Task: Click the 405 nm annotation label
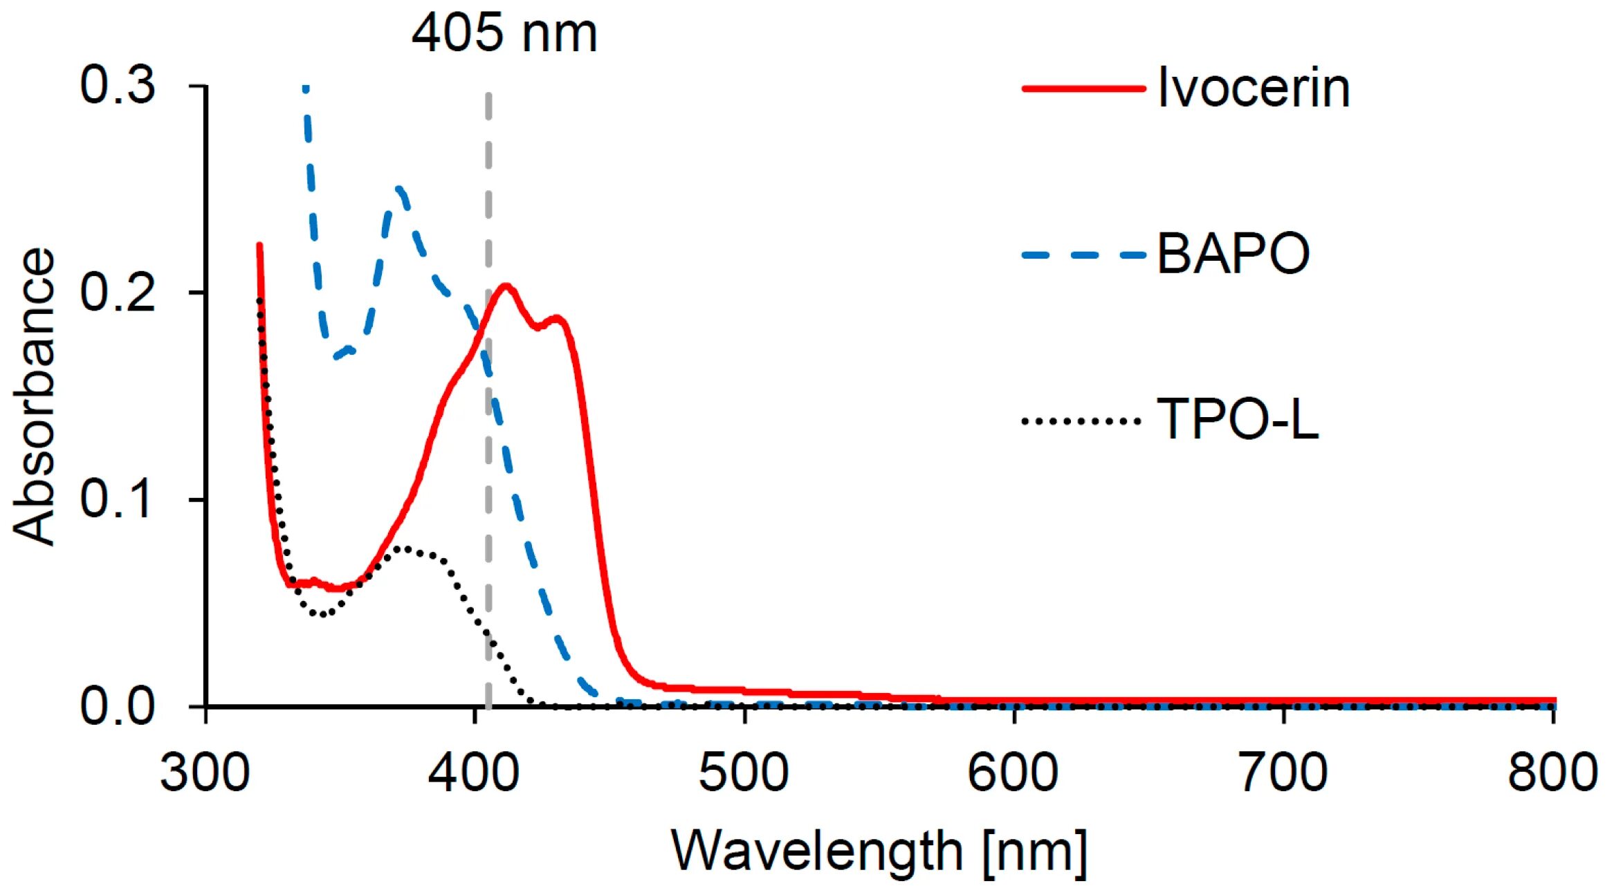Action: [x=504, y=33]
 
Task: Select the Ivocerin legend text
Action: [x=1253, y=88]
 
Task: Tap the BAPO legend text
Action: [x=1233, y=254]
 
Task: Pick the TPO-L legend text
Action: [x=1238, y=419]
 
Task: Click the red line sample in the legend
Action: [x=1083, y=89]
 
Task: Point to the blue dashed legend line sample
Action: [x=1083, y=255]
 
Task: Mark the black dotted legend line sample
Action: [x=1081, y=421]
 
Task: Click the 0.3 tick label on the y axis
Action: [x=118, y=85]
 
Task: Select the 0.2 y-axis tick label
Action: [x=118, y=292]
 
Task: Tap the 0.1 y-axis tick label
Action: [x=118, y=499]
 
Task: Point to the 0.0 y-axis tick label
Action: [x=118, y=706]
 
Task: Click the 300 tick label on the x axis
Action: [x=205, y=773]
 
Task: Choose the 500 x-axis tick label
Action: [x=744, y=773]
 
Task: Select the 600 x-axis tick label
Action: [x=1013, y=773]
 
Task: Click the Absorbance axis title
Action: [x=35, y=396]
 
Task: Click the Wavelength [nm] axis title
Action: [x=879, y=851]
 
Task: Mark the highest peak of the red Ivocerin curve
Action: [x=506, y=286]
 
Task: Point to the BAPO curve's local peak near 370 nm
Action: [x=399, y=188]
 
